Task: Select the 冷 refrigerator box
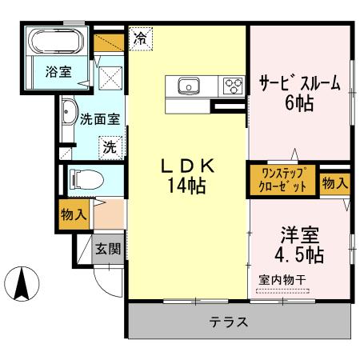click(141, 37)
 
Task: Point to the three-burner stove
click(233, 85)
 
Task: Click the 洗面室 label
click(100, 120)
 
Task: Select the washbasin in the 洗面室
click(69, 113)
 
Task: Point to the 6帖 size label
click(297, 102)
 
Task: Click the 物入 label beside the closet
click(335, 183)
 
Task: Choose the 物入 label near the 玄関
click(74, 215)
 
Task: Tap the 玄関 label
click(109, 250)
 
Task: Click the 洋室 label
click(299, 236)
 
